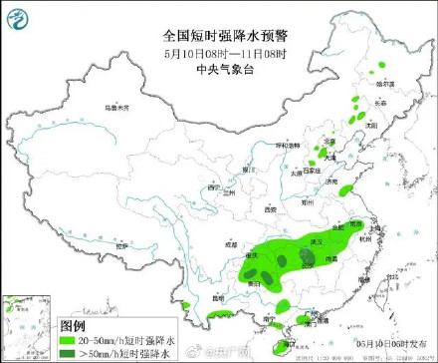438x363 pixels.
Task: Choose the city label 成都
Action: point(232,242)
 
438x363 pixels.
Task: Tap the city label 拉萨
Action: point(121,244)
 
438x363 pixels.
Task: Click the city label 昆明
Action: point(218,298)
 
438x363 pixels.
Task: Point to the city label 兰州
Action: point(233,192)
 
